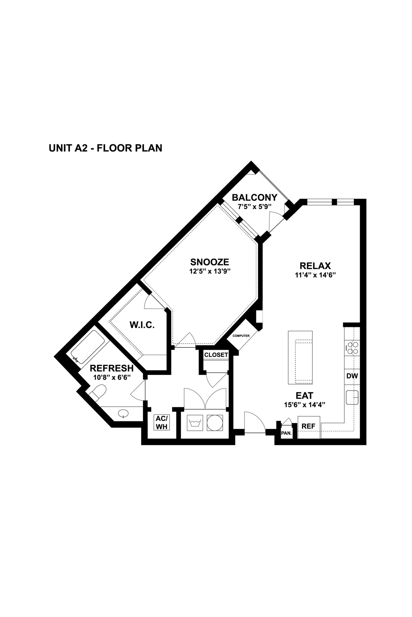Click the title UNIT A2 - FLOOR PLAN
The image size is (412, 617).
pyautogui.click(x=105, y=148)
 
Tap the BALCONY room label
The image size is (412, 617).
pyautogui.click(x=254, y=198)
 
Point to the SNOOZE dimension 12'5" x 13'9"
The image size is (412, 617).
pyautogui.click(x=210, y=271)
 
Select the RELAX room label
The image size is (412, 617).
pyautogui.click(x=315, y=266)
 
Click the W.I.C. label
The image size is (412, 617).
pyautogui.click(x=142, y=325)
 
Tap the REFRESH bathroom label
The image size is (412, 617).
pyautogui.click(x=112, y=368)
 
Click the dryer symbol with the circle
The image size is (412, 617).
pyautogui.click(x=215, y=423)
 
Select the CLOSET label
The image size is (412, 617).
pyautogui.click(x=216, y=355)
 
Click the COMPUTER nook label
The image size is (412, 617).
pyautogui.click(x=241, y=336)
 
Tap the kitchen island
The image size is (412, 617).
pyautogui.click(x=300, y=358)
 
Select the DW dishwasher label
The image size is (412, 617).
pyautogui.click(x=352, y=376)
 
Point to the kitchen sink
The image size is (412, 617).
pyautogui.click(x=352, y=397)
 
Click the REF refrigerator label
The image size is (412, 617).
pyautogui.click(x=308, y=426)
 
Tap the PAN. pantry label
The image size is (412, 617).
pyautogui.click(x=286, y=433)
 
